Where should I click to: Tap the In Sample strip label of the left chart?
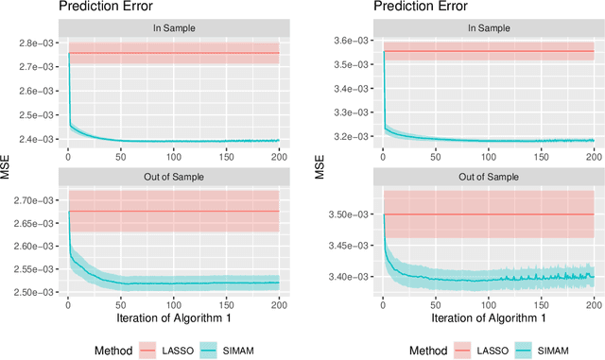174,27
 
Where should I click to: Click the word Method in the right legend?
423,350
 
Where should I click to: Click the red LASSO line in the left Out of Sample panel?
174,211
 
